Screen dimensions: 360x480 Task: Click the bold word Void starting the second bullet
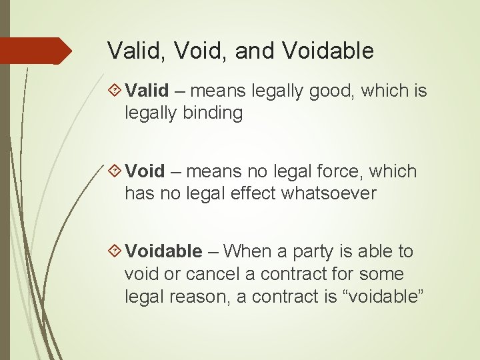(x=145, y=171)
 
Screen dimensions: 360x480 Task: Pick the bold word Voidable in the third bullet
(x=163, y=251)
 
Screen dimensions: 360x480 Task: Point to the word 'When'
(x=248, y=251)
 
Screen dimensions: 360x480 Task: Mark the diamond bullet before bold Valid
(x=114, y=90)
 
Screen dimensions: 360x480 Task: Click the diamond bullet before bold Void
(x=114, y=171)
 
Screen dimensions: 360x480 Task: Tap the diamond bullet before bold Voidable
(x=114, y=251)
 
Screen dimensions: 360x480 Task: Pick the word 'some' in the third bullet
(x=381, y=274)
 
